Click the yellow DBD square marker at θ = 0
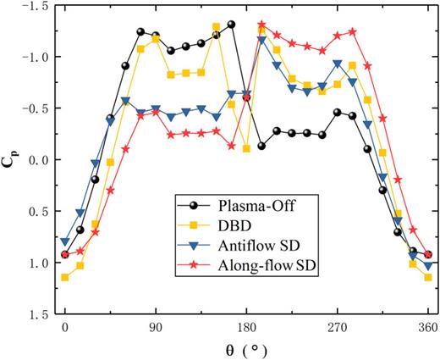pos(65,277)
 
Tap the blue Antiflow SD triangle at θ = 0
pos(65,242)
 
